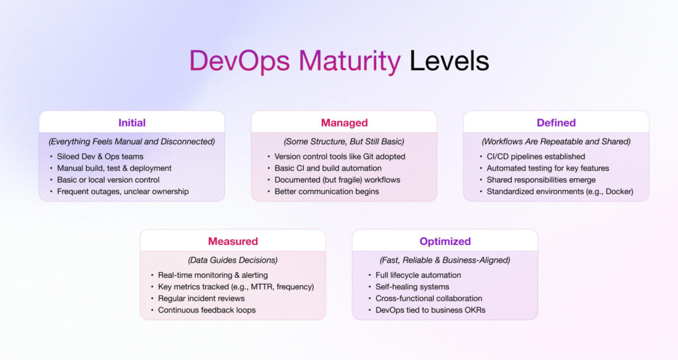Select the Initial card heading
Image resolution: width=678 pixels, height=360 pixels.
click(x=132, y=122)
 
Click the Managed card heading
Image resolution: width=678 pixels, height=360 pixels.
click(x=344, y=122)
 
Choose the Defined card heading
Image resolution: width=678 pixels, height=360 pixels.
click(x=556, y=122)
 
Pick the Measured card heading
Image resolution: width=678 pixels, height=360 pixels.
click(x=232, y=241)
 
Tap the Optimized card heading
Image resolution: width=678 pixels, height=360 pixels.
click(x=445, y=241)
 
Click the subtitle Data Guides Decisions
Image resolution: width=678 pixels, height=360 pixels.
click(x=232, y=260)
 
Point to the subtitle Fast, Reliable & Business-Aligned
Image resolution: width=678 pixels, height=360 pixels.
click(x=445, y=260)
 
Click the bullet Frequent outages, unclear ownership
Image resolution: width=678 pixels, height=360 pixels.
click(x=122, y=192)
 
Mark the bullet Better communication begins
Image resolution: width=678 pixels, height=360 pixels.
click(x=326, y=192)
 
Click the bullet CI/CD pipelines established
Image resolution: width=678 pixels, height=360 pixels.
click(x=536, y=156)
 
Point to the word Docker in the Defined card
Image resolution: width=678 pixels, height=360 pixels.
click(x=618, y=192)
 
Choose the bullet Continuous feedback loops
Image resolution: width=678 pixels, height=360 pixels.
click(x=207, y=310)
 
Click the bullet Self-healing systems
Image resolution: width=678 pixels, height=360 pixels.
click(x=412, y=287)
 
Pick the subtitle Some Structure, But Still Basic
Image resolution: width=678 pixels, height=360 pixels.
click(x=344, y=142)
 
